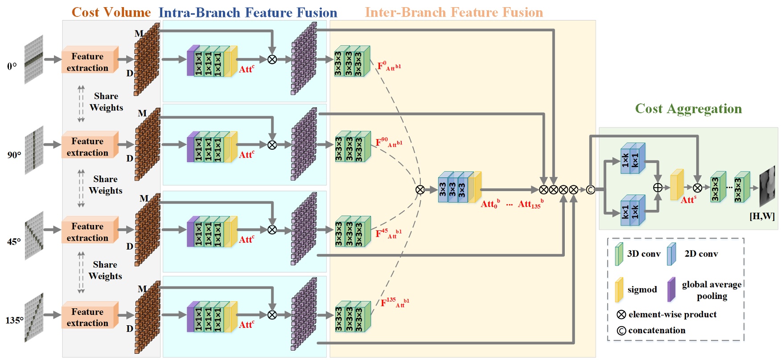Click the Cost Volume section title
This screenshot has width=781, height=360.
coord(111,12)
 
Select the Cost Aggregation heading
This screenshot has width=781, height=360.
coord(688,109)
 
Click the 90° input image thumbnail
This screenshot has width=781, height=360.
coord(34,150)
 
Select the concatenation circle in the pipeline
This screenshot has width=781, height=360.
coord(590,190)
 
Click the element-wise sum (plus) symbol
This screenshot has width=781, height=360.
coord(658,188)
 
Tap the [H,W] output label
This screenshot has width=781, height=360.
coord(762,217)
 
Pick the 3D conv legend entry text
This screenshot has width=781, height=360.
coord(643,254)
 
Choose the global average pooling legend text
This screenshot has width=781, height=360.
coord(711,290)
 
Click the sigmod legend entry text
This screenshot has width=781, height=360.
coord(642,290)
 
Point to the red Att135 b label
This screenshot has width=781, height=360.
coord(530,205)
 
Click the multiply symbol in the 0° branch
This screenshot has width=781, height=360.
coord(272,59)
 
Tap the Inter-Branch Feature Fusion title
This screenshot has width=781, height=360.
coord(454,12)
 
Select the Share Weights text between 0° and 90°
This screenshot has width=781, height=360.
coord(106,102)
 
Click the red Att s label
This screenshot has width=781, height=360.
coord(688,200)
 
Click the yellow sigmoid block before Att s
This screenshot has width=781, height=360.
coord(677,184)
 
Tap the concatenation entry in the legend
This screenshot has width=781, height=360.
coord(656,331)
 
